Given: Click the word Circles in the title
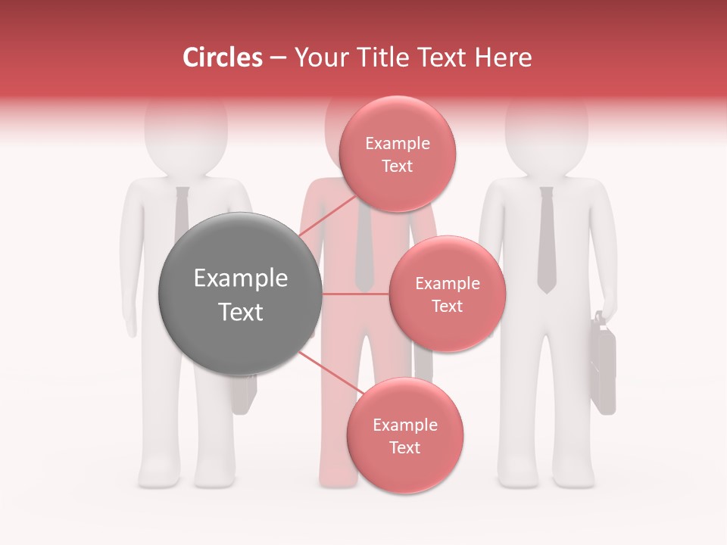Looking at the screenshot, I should (222, 58).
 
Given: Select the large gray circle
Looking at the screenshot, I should (240, 293).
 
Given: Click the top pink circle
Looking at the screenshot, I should (397, 154).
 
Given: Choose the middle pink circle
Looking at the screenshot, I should (447, 294).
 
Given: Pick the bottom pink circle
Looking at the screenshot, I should (404, 435).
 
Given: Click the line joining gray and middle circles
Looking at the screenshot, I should (356, 294).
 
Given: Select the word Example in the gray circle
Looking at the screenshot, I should (240, 279).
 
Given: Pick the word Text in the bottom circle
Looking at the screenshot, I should (404, 447).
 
